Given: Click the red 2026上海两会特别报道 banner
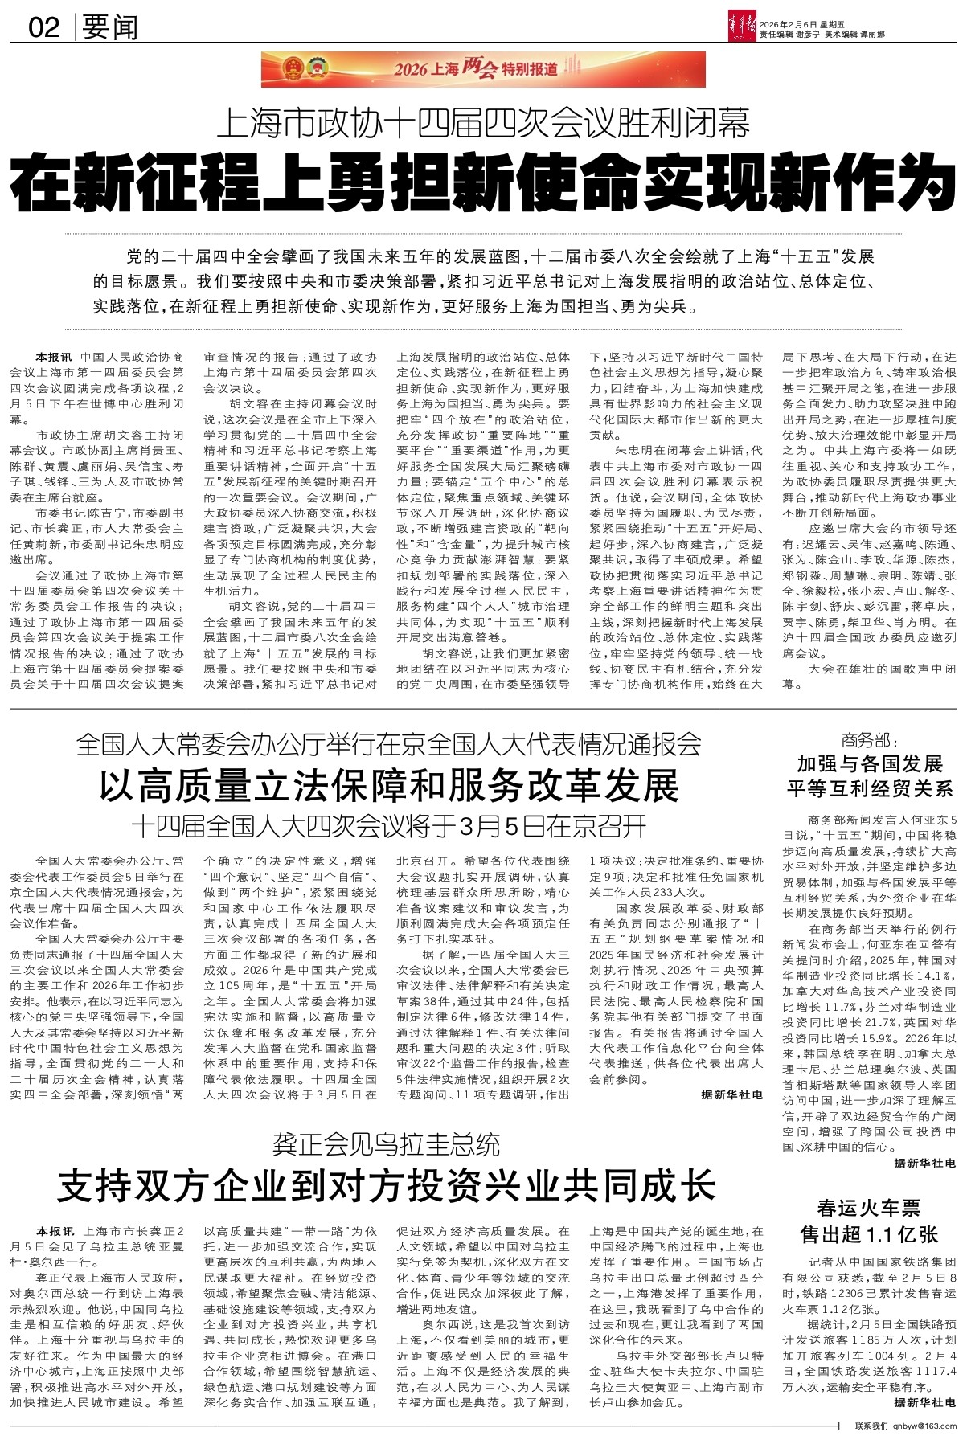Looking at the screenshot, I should tap(482, 69).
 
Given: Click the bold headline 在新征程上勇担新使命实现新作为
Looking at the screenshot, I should tap(482, 183).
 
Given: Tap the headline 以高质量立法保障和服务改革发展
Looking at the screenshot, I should tap(389, 785).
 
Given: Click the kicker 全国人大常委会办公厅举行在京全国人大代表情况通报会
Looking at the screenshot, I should tap(389, 745).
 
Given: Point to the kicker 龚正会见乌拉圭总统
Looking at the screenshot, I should tap(386, 1143).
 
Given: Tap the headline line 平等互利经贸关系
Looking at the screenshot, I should tap(869, 786).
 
